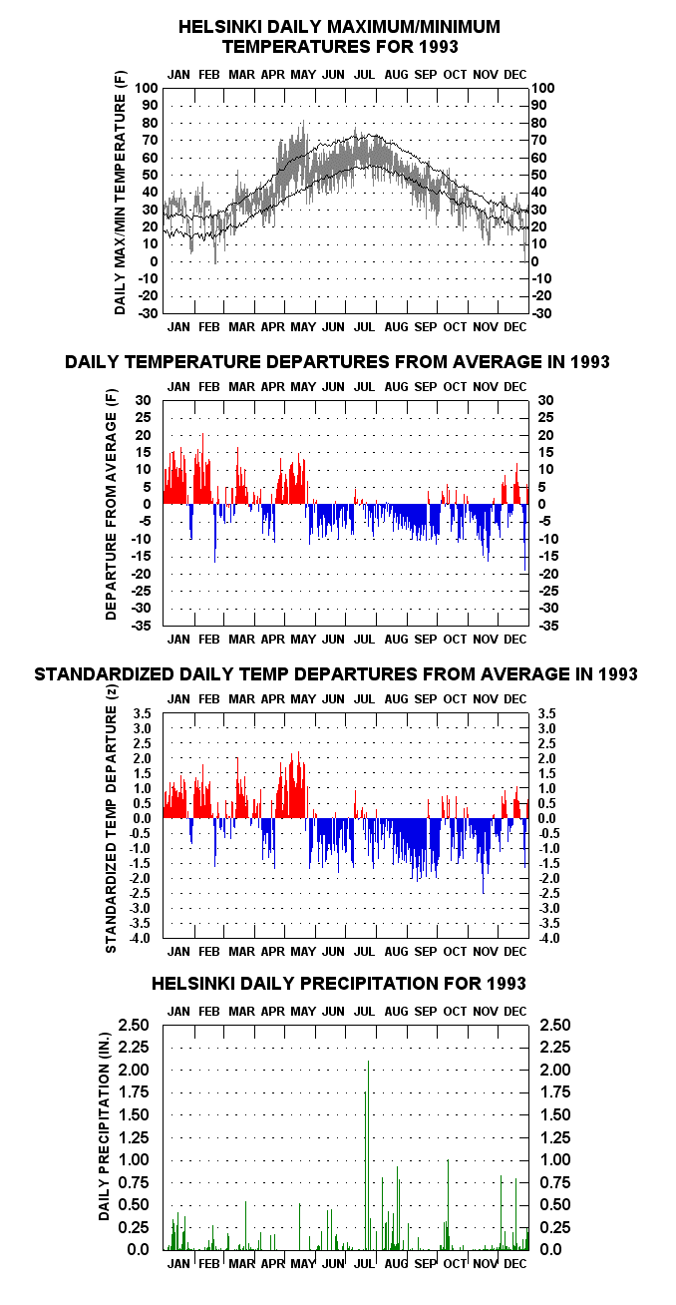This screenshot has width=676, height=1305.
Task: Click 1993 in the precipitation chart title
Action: pyautogui.click(x=506, y=984)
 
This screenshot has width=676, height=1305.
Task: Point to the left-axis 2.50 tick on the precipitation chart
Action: pyautogui.click(x=134, y=1025)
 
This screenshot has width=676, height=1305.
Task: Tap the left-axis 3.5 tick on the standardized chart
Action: pyautogui.click(x=143, y=713)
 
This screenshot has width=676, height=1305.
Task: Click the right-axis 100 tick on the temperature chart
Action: pyautogui.click(x=543, y=89)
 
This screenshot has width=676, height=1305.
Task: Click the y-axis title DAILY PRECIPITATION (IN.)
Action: pyautogui.click(x=105, y=1126)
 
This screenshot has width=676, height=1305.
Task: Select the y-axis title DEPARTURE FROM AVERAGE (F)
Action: pyautogui.click(x=112, y=505)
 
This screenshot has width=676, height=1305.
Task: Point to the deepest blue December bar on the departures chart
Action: pyautogui.click(x=524, y=537)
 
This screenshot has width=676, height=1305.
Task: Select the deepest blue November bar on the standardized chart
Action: pyautogui.click(x=483, y=856)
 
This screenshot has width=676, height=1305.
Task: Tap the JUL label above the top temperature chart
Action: pyautogui.click(x=364, y=75)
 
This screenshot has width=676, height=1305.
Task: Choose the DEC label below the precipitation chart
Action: pyautogui.click(x=515, y=1264)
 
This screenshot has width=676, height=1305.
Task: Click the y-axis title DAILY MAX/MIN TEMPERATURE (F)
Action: pyautogui.click(x=120, y=193)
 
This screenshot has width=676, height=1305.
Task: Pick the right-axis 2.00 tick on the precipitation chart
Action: pyautogui.click(x=555, y=1070)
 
